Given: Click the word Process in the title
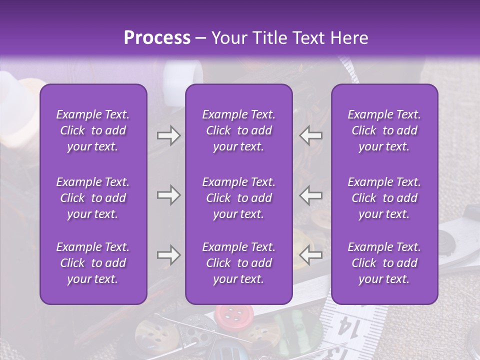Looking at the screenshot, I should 157,38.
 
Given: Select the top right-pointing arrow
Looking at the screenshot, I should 168,135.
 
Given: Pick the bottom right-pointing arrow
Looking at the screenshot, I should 168,255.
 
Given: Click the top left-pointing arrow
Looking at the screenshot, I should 311,135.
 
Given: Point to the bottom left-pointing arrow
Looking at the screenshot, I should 311,255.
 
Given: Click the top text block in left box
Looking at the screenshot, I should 92,130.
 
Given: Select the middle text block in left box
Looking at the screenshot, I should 92,198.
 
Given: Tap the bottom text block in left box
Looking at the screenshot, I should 92,263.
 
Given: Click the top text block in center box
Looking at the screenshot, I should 238,130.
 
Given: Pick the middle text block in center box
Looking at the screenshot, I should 238,198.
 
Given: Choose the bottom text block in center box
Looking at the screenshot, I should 238,263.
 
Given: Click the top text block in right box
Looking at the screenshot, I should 384,130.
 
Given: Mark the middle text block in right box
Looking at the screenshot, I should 384,198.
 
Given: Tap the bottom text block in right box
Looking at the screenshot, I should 384,263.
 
